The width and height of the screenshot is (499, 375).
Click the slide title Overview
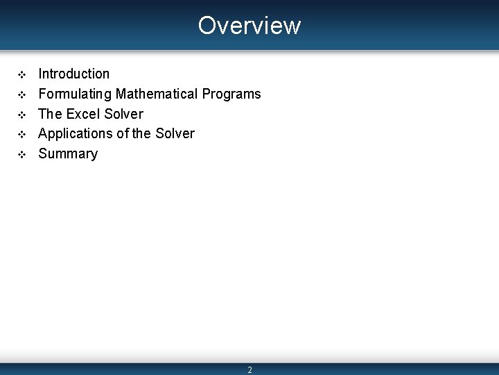click(x=249, y=26)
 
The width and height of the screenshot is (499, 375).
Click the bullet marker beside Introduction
click(x=21, y=74)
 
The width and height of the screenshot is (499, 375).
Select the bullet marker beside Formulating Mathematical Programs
click(x=21, y=94)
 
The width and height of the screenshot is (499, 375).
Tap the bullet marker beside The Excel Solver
click(x=21, y=114)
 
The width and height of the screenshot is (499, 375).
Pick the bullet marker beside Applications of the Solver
click(x=21, y=133)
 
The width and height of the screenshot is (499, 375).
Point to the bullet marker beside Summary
click(x=21, y=153)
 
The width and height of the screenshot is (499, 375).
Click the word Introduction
click(x=73, y=74)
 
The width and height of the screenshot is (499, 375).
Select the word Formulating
click(x=75, y=94)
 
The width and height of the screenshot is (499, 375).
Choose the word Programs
click(x=231, y=94)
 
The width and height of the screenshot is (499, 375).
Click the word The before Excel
click(x=50, y=114)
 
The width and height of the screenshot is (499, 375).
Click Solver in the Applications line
click(x=175, y=133)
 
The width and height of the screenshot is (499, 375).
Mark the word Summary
click(x=68, y=153)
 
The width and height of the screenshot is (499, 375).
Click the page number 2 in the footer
click(x=249, y=370)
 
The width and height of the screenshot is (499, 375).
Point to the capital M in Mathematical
click(x=121, y=94)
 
